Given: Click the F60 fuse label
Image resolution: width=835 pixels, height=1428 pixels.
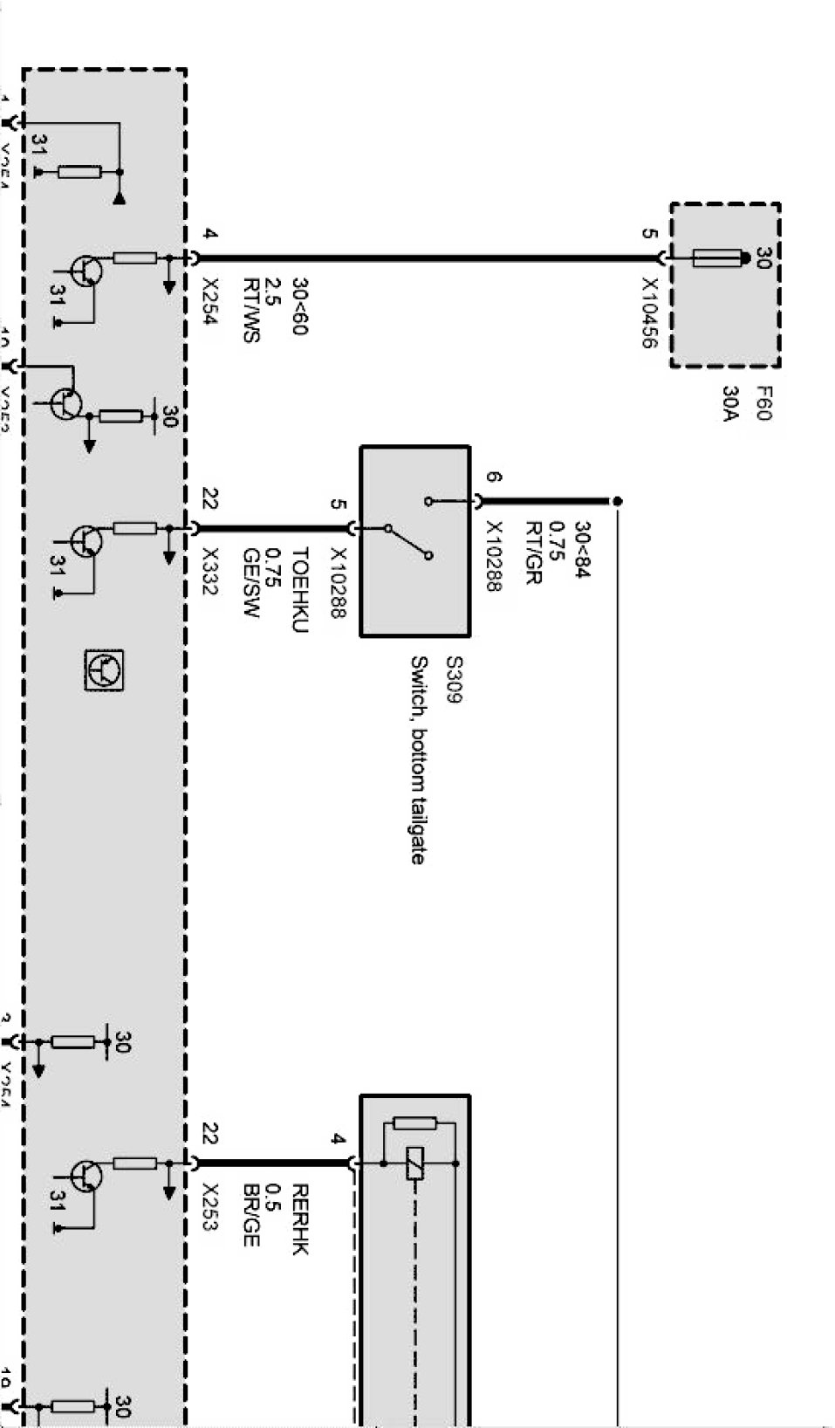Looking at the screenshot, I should pos(763,403).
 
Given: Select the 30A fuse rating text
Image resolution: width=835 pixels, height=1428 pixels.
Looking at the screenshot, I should pos(731,403).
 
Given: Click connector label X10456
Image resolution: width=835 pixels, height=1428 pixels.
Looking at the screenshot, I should pos(649,313).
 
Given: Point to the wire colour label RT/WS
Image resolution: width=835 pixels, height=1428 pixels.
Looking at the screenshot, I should pos(250,310).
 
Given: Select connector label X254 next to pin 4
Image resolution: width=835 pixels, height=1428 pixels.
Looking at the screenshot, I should pos(209,302).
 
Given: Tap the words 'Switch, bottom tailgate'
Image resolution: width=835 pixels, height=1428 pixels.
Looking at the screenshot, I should pos(418,759).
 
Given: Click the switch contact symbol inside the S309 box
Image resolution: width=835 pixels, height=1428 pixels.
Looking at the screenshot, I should pos(407,541).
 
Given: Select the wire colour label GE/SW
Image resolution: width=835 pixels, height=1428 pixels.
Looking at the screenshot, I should pos(251,583).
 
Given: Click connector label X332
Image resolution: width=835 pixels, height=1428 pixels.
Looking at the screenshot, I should pos(209,571).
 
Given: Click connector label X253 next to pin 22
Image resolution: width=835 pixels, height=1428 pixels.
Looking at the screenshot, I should pos(209,1207).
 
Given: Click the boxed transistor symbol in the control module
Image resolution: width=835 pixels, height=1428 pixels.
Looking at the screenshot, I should pos(104,670).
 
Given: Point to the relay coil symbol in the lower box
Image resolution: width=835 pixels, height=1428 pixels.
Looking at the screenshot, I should pos(415,1164).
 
